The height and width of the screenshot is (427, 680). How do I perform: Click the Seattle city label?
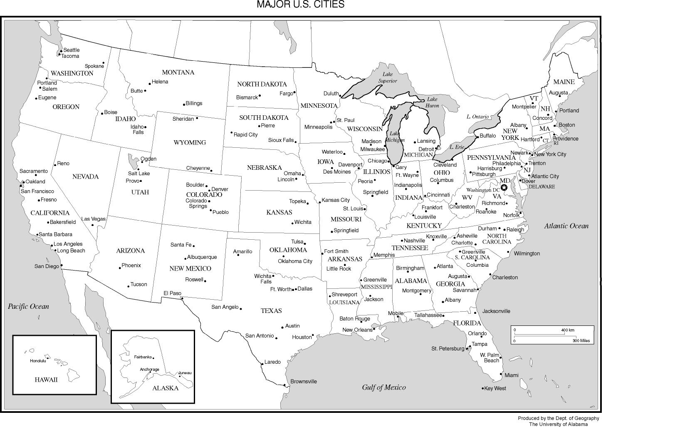(72, 50)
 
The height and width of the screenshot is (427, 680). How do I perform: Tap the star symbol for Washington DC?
(504, 188)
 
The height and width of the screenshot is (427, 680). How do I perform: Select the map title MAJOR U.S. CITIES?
(300, 5)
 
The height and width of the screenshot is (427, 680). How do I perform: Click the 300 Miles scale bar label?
(581, 341)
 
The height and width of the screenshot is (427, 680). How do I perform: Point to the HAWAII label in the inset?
(46, 380)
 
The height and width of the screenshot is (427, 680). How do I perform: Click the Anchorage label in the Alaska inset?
(149, 369)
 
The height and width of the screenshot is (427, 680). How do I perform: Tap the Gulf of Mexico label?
(383, 387)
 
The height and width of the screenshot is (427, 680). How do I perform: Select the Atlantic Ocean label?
(566, 226)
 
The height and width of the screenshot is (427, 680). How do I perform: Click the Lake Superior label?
(387, 77)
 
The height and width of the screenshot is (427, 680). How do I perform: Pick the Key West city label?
(495, 388)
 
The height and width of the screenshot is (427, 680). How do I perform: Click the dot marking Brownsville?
(285, 385)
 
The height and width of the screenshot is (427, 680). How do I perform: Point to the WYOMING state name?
(190, 142)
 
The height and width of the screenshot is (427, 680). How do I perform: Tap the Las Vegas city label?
(93, 219)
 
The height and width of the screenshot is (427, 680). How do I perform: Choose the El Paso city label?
(172, 293)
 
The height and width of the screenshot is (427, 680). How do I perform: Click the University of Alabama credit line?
(558, 424)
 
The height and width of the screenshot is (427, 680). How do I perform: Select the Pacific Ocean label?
(28, 306)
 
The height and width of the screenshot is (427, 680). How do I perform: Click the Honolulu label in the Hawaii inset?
(38, 361)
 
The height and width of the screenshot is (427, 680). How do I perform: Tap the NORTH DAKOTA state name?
(262, 84)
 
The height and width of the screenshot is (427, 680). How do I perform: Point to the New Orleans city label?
(357, 330)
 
